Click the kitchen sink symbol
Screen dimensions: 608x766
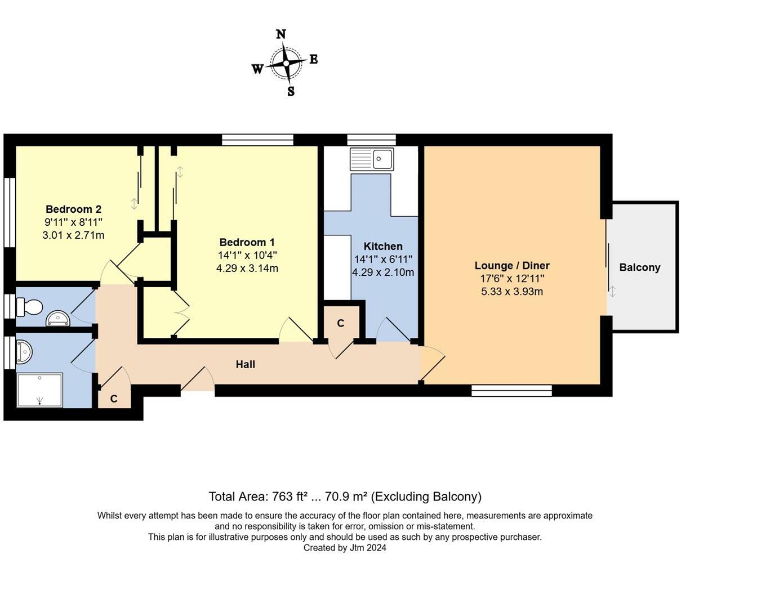click(x=372, y=159)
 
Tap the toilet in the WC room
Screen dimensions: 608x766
click(x=29, y=307)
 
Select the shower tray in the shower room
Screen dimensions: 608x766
click(x=40, y=390)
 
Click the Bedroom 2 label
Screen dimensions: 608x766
click(x=73, y=209)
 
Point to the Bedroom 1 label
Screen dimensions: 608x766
click(x=247, y=242)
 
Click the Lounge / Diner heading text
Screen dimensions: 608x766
click(x=511, y=266)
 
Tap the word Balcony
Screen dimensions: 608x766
click(x=639, y=267)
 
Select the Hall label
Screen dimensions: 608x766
click(x=245, y=364)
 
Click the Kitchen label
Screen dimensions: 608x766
click(x=383, y=246)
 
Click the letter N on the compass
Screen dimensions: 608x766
click(x=280, y=34)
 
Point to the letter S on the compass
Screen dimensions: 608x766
click(x=291, y=91)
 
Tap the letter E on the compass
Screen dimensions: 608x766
click(x=313, y=59)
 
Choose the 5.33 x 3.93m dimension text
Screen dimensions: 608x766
click(x=511, y=292)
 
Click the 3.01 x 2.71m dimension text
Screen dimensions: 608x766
click(x=73, y=235)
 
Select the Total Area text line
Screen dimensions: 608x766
click(x=345, y=497)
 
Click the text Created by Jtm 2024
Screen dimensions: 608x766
click(x=345, y=548)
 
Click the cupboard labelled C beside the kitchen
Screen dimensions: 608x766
click(x=340, y=323)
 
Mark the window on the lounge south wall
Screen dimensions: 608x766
click(x=511, y=391)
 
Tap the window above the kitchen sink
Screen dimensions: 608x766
click(x=371, y=140)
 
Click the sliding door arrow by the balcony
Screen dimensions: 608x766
click(x=612, y=291)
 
